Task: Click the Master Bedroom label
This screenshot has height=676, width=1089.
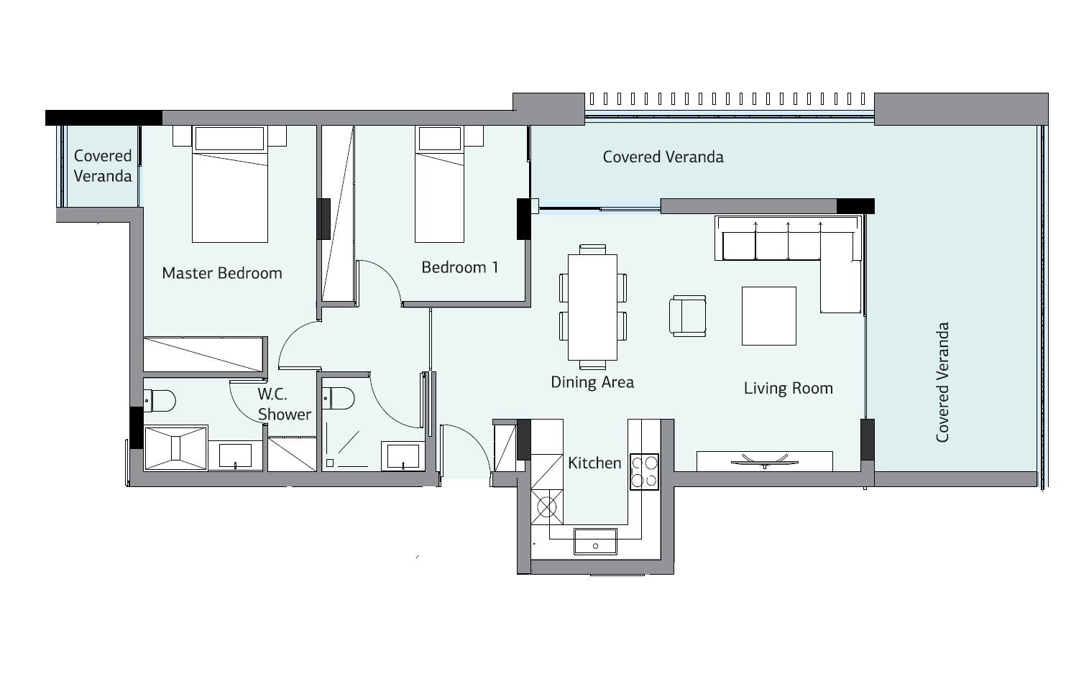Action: coord(221,273)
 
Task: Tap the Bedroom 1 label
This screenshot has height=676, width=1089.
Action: coord(460,267)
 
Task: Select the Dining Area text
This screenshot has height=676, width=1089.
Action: coord(592,382)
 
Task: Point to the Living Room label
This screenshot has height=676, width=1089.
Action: coord(788,389)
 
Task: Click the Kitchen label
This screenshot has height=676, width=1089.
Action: coord(594,463)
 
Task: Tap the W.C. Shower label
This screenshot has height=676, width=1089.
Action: coord(285,404)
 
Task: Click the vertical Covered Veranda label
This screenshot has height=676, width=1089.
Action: coord(942,382)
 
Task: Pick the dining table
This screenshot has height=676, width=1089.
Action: coord(592,307)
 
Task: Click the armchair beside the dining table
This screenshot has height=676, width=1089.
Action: coord(688,316)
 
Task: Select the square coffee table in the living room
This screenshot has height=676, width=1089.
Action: coord(768,316)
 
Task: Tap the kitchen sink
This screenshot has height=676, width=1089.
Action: coord(595,542)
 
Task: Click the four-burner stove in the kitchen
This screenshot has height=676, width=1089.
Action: coord(644,472)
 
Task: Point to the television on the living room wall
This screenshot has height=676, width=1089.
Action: coord(765,461)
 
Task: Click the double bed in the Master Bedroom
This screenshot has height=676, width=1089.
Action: coord(230,184)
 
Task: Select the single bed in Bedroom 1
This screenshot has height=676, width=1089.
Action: coord(439,184)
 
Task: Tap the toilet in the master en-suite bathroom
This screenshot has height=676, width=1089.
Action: coord(160,401)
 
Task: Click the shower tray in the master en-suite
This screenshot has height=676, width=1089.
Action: coord(176,448)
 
